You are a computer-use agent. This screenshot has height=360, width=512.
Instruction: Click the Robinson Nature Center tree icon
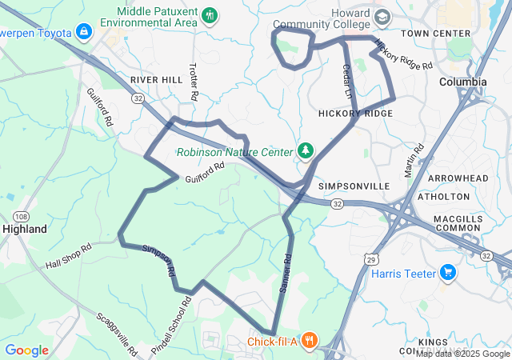[304, 150]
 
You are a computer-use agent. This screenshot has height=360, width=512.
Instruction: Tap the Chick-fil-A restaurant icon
[310, 342]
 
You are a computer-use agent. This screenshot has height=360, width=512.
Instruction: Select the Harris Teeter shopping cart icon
[447, 274]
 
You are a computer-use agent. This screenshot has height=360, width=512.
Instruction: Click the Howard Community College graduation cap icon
[382, 17]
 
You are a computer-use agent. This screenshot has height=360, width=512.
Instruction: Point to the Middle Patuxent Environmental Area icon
[210, 14]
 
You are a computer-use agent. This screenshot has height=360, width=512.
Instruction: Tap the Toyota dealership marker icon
[83, 32]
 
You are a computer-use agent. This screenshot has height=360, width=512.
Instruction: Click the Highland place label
[25, 228]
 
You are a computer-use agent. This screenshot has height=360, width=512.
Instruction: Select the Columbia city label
[463, 82]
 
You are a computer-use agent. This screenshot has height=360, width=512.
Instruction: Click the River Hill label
[157, 80]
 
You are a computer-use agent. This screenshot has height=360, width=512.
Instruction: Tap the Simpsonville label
[354, 186]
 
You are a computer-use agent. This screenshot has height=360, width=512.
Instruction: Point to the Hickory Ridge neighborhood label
[355, 114]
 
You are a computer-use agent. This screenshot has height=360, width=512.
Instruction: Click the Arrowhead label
[458, 178]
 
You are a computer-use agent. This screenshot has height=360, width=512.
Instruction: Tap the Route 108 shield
[22, 216]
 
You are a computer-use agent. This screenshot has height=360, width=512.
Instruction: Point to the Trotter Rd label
[194, 81]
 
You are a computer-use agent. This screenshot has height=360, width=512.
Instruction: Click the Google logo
[26, 350]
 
